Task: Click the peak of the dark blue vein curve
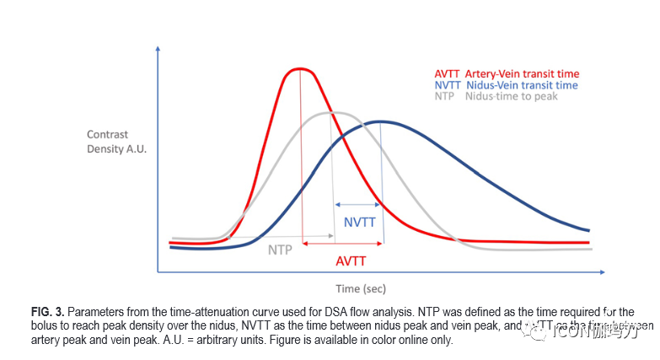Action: [381, 121]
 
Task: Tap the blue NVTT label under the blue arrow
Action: [359, 223]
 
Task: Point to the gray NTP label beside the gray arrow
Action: [282, 250]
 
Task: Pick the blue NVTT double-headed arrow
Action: [357, 204]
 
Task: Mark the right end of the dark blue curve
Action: [588, 229]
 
